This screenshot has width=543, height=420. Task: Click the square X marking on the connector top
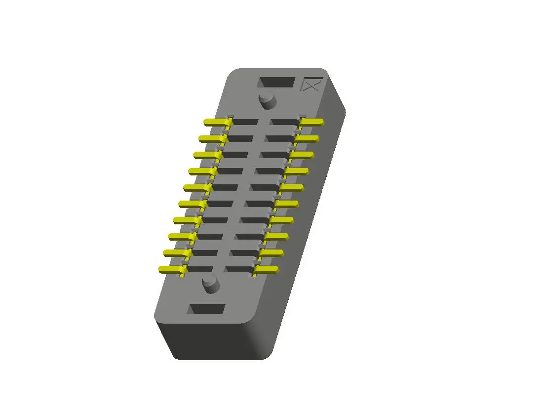point(312,84)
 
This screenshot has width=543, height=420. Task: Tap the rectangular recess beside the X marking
point(276,83)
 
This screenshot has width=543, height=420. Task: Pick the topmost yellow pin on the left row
point(216,122)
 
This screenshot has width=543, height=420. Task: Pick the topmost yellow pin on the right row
point(311,122)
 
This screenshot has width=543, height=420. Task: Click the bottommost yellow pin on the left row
point(171,269)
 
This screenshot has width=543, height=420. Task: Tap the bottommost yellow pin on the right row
point(266,269)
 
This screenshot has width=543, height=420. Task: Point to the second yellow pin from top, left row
point(211,138)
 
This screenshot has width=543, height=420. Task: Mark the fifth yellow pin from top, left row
point(196,187)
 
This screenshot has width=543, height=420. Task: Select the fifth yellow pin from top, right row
point(291,187)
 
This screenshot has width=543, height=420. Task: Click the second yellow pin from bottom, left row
point(176,253)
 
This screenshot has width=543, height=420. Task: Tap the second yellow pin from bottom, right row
point(271,253)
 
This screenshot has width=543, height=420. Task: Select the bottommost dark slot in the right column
point(239,269)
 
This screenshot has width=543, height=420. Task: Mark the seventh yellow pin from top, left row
point(186,220)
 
